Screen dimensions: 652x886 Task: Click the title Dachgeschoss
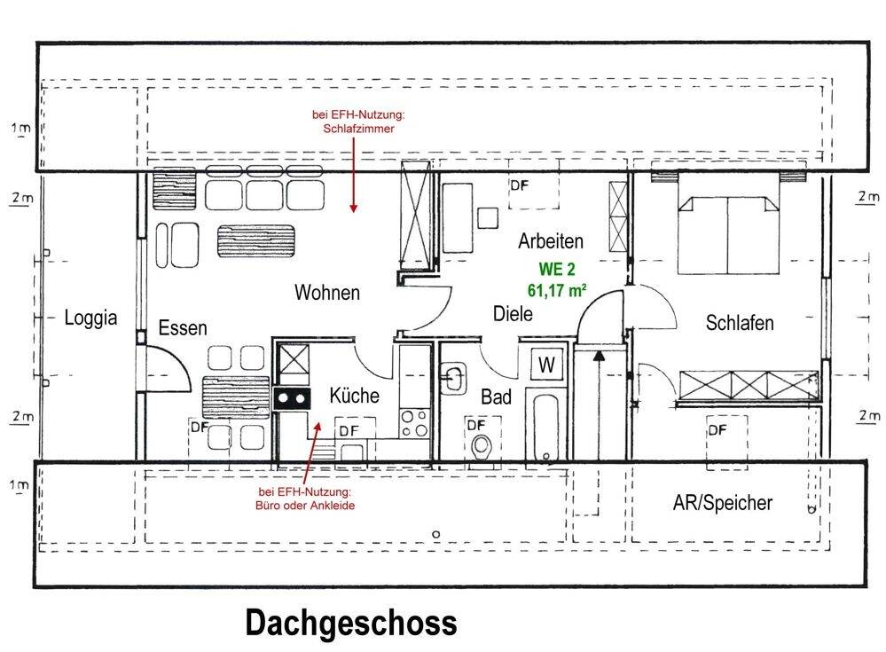point(351,622)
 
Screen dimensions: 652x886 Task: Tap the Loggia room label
point(91,318)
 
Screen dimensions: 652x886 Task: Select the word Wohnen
point(327,293)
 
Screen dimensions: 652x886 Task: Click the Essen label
point(183,328)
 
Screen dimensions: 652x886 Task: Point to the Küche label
point(355,396)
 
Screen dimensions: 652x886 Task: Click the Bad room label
point(497,398)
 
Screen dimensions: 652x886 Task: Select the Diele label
point(513,313)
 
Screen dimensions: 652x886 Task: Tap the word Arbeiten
point(551,240)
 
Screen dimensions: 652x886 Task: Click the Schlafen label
point(740,323)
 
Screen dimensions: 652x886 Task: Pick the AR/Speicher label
point(722,504)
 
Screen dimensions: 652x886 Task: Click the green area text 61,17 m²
point(556,288)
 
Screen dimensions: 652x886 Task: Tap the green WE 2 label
point(556,271)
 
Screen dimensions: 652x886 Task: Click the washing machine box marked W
point(546,365)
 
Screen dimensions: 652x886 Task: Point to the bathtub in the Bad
point(544,422)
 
